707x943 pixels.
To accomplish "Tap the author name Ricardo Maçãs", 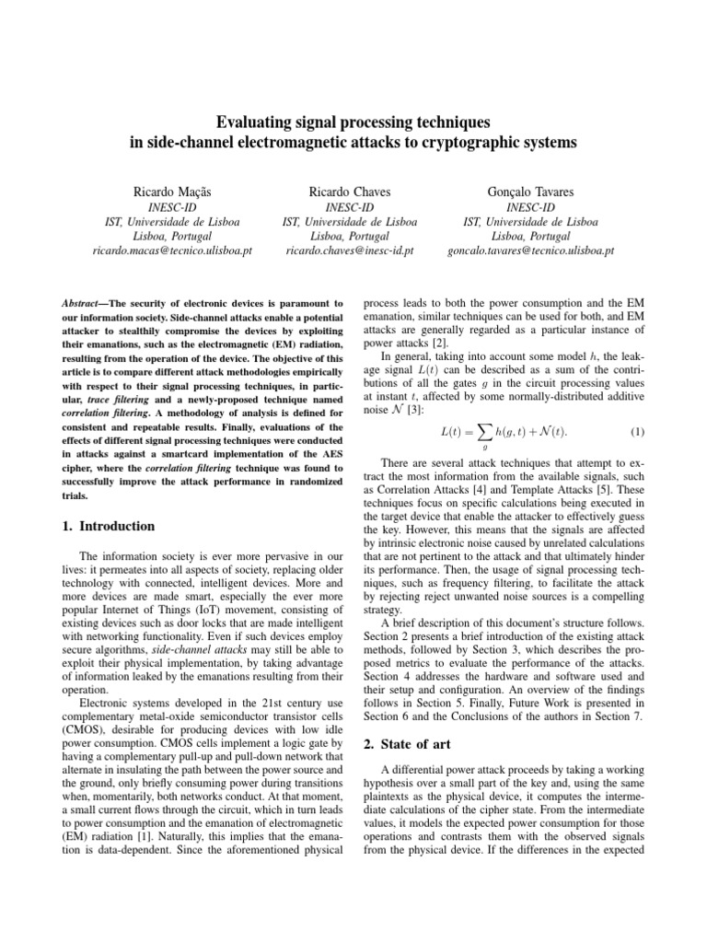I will pyautogui.click(x=173, y=192).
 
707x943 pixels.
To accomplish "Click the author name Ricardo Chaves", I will pyautogui.click(x=350, y=192).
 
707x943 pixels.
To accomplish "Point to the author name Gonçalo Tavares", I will pyautogui.click(x=531, y=192).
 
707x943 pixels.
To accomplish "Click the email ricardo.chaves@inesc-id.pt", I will pyautogui.click(x=350, y=250).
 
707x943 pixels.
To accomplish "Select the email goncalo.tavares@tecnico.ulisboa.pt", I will pyautogui.click(x=531, y=250).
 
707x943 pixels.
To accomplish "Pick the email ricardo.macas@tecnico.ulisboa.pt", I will pyautogui.click(x=173, y=250).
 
